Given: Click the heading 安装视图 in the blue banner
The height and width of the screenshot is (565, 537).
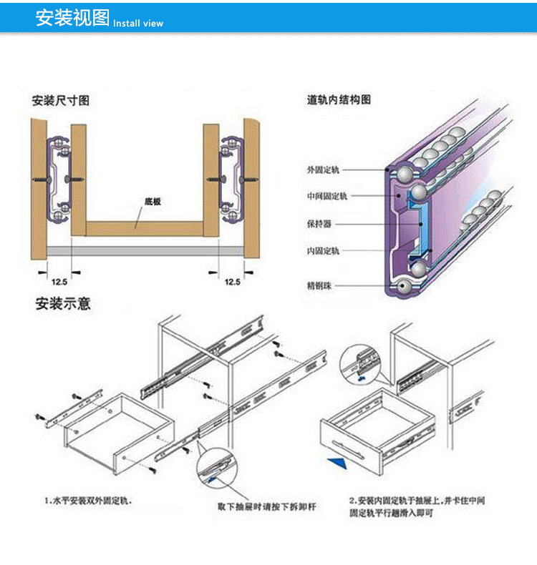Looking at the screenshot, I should [x=72, y=18].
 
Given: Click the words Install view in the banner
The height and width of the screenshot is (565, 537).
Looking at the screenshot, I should [x=138, y=23].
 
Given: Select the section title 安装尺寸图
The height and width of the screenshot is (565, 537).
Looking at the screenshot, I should [x=61, y=100].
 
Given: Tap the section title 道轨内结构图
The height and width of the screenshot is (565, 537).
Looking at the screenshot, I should [x=339, y=100].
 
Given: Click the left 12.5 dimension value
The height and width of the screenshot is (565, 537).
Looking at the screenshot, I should [x=59, y=282].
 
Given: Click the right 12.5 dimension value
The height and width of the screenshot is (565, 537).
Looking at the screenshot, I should [x=232, y=282].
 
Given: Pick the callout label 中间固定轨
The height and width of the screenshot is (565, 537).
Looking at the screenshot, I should [x=326, y=196].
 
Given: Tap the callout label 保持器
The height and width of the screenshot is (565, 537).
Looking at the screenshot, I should [x=319, y=223].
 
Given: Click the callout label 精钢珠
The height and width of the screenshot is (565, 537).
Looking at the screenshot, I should [x=319, y=286].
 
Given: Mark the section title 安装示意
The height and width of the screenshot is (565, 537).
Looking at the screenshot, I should [x=63, y=303].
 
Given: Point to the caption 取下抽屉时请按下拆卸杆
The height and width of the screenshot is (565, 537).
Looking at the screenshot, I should [x=266, y=507].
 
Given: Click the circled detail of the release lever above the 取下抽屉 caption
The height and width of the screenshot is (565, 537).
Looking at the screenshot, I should [x=216, y=468].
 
